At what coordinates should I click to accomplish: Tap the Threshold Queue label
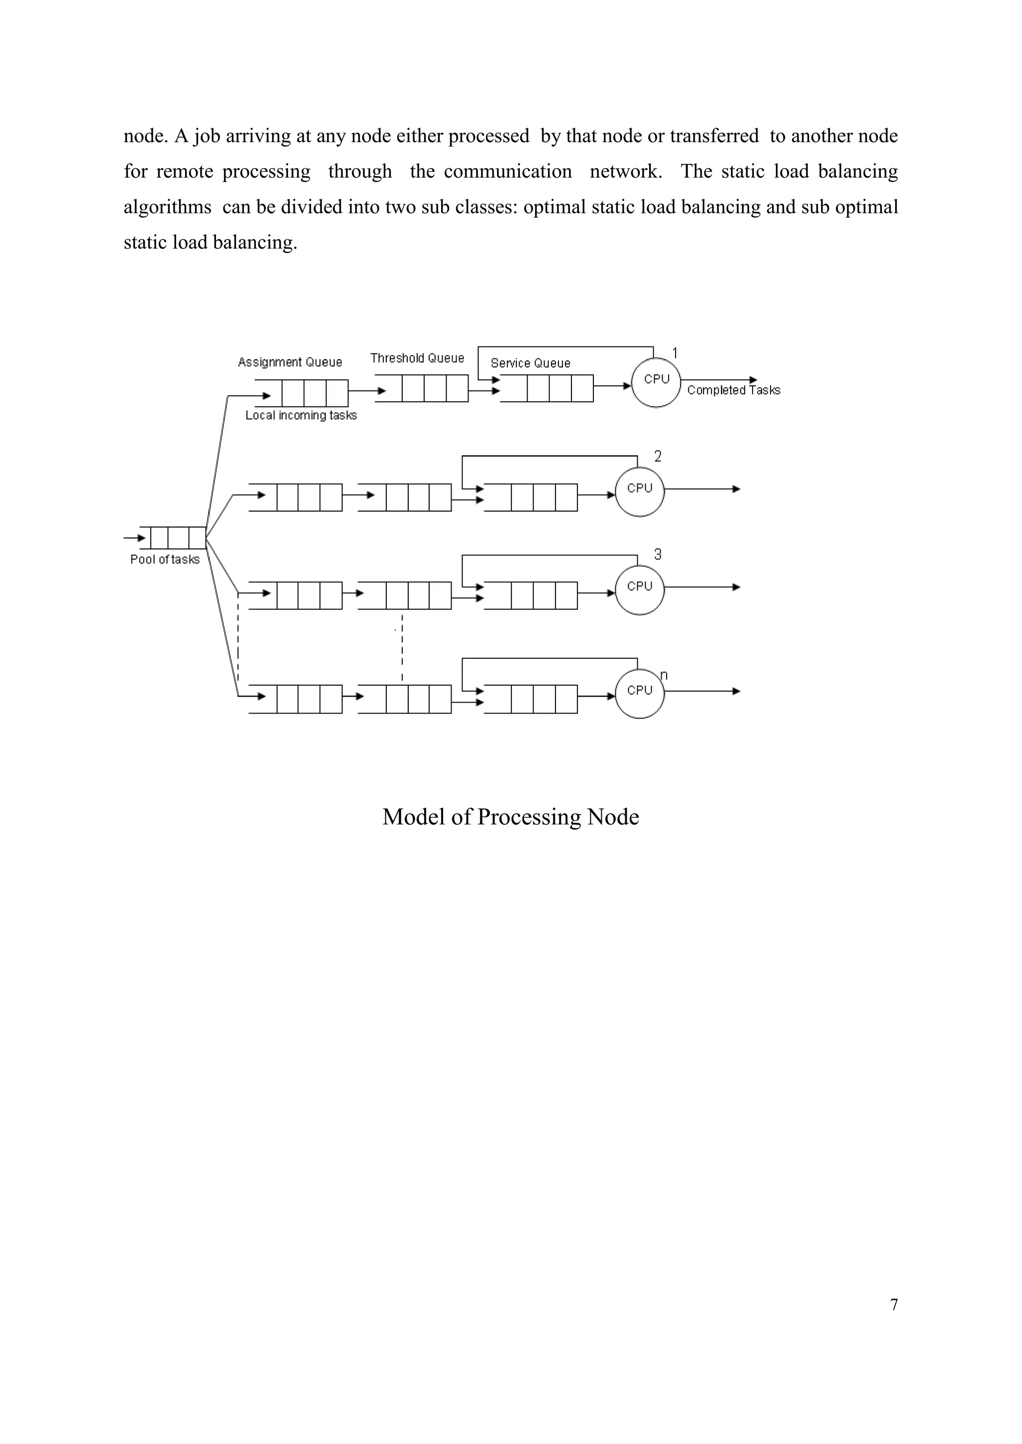pyautogui.click(x=417, y=358)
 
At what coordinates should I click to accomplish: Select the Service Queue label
pyautogui.click(x=530, y=363)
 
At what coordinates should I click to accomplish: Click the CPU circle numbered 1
pyautogui.click(x=656, y=383)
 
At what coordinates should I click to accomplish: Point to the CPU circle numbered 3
pyautogui.click(x=639, y=590)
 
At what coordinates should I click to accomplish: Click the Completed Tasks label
pyautogui.click(x=733, y=390)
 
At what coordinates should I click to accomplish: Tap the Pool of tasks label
pyautogui.click(x=165, y=559)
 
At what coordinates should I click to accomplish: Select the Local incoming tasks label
pyautogui.click(x=301, y=415)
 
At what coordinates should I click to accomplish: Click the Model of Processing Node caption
pyautogui.click(x=511, y=817)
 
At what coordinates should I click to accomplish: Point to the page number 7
pyautogui.click(x=894, y=1305)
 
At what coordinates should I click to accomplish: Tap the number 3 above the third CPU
pyautogui.click(x=658, y=554)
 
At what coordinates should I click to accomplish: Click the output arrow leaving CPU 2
pyautogui.click(x=702, y=489)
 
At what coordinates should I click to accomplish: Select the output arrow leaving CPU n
pyautogui.click(x=702, y=691)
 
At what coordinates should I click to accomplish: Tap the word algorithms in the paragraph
pyautogui.click(x=167, y=207)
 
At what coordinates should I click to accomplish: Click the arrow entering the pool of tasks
pyautogui.click(x=134, y=538)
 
